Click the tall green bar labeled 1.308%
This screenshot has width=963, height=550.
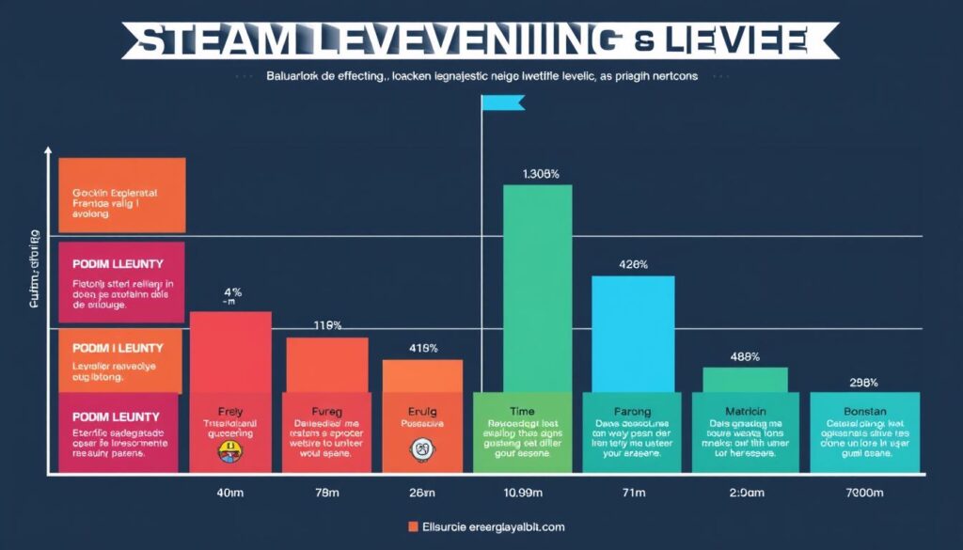537,287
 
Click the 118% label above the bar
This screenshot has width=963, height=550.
326,325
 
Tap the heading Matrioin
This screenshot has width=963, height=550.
745,410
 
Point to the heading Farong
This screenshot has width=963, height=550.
631,410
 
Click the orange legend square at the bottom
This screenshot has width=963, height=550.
413,527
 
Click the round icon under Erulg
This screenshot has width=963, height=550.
420,450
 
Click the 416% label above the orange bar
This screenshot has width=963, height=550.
423,348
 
